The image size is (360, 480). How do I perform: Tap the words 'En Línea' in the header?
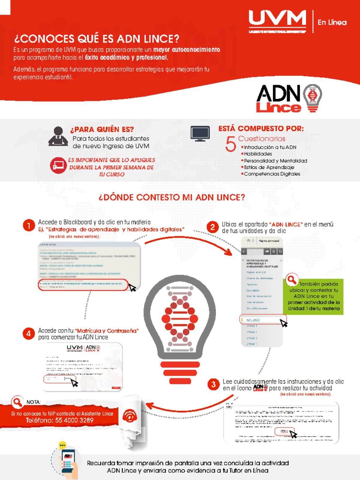coord(332,23)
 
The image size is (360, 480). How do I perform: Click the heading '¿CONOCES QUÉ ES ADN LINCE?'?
coord(97,39)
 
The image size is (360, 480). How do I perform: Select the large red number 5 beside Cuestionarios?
coord(230,144)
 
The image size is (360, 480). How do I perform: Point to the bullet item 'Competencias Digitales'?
coord(272,174)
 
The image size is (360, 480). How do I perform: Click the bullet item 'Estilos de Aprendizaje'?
coord(269,167)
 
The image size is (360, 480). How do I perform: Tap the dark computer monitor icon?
coord(200,133)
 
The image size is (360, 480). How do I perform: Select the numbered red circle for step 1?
coord(29,225)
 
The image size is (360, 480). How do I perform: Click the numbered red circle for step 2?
coord(212,227)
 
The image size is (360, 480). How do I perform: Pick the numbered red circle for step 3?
coord(213,384)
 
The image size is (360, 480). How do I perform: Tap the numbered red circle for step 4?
coord(28,334)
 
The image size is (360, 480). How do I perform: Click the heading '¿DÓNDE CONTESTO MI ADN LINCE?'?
coord(172,197)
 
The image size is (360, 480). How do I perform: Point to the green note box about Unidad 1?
coord(313,297)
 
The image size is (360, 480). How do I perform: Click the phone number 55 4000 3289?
coord(74,420)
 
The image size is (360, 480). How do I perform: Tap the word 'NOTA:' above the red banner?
coord(33,402)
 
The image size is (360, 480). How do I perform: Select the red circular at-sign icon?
coord(130,416)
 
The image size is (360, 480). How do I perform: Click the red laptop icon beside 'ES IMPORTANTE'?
coord(58,165)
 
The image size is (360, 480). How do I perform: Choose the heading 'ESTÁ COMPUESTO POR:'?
coord(261,128)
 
